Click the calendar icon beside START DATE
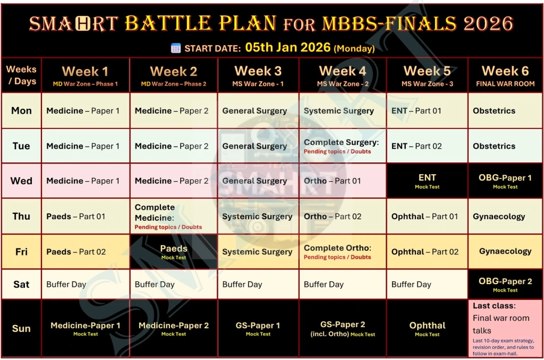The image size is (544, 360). coord(176,48)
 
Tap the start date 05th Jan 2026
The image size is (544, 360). coord(287,47)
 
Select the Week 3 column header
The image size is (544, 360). coord(258,75)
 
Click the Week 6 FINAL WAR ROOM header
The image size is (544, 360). coord(505,75)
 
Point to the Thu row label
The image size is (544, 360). coord(21,217)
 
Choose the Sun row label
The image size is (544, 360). coord(21,329)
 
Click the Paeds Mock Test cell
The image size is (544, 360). coord(174,252)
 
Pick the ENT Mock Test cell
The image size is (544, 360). coord(427,181)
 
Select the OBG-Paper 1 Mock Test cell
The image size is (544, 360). coord(505,181)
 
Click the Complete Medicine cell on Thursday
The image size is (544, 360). coord(174,217)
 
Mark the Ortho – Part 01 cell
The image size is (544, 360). coord(343,181)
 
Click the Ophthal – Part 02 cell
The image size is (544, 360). coord(427,252)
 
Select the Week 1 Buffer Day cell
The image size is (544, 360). coord(86,285)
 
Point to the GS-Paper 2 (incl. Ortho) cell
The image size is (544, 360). coord(343,329)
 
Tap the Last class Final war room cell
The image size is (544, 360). coord(505,329)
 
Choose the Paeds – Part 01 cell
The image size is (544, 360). coord(86,217)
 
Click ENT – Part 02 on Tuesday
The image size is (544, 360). coord(427,146)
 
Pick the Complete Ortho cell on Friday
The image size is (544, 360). coord(343,252)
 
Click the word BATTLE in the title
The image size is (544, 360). coord(168,23)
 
